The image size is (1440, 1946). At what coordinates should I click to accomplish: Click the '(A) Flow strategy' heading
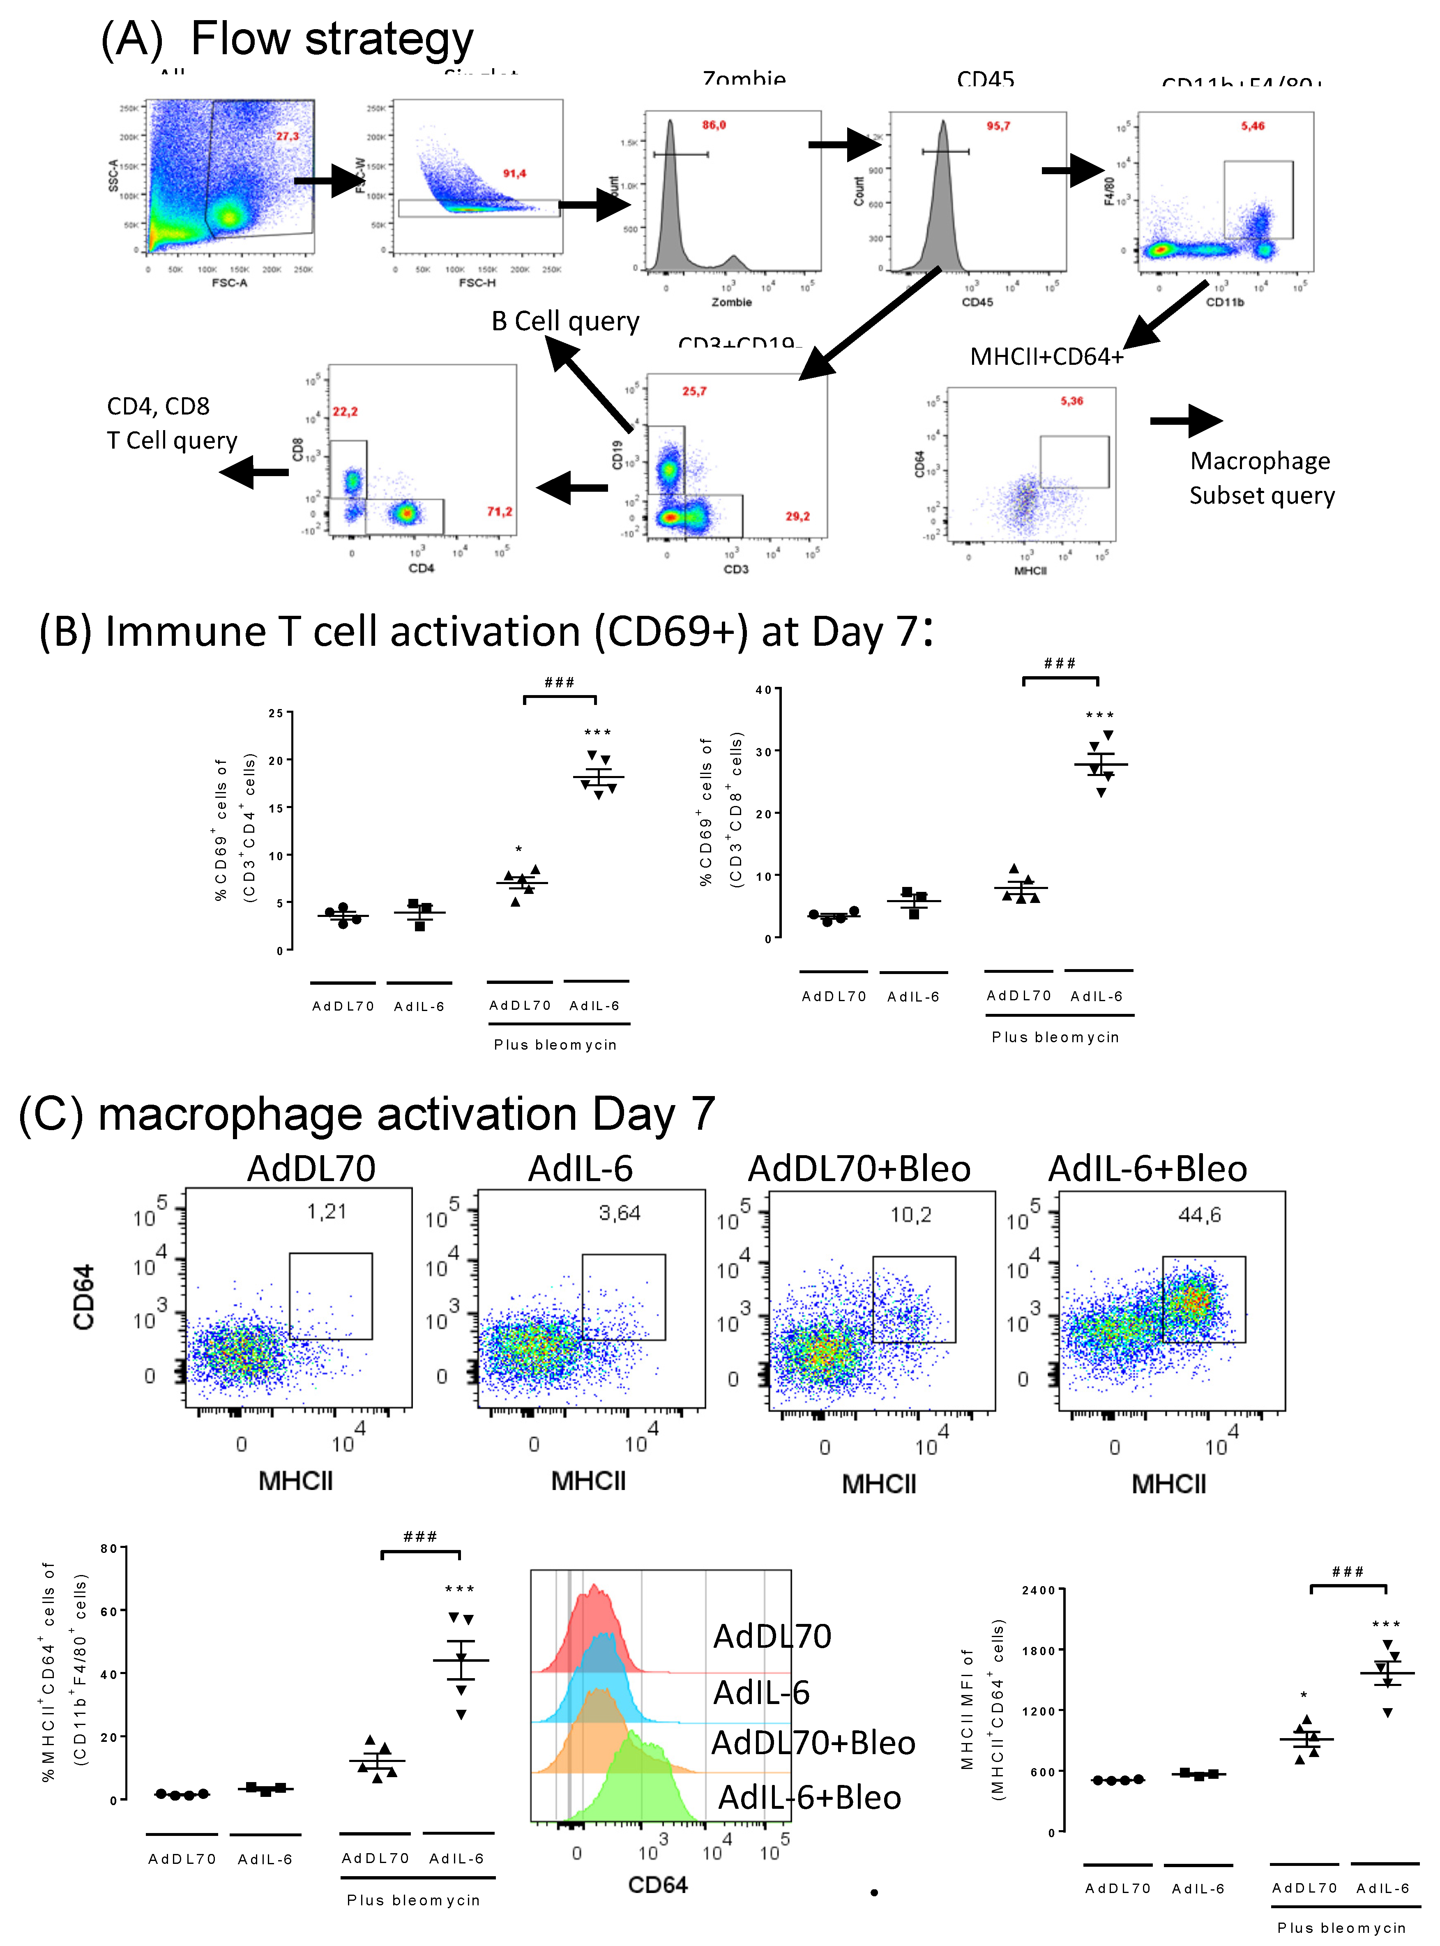coord(288,39)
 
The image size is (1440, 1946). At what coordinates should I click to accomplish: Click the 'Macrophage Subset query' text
coord(1261,478)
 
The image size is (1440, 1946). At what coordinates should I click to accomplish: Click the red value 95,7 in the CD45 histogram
coord(998,127)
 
